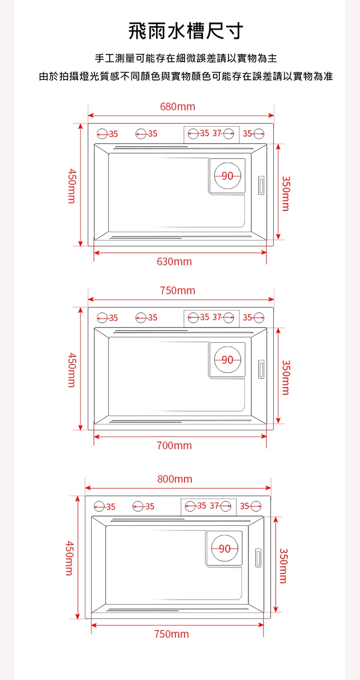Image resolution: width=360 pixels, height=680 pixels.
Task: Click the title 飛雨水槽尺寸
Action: (x=186, y=31)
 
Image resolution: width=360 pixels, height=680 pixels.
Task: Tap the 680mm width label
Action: (x=178, y=107)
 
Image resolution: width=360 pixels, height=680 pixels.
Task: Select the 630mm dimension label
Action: (x=174, y=262)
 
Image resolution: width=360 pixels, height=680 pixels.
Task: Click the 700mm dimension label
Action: (x=174, y=445)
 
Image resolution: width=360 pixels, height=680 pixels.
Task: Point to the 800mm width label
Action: (x=175, y=479)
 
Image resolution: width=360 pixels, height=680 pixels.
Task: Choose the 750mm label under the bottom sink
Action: (x=171, y=634)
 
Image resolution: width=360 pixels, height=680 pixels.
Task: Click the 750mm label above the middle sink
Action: (x=178, y=291)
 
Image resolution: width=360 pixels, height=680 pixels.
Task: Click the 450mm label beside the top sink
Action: (x=72, y=186)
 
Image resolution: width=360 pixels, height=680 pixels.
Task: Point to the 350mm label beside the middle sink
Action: (x=286, y=377)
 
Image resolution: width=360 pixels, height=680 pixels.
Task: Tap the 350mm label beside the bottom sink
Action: (x=283, y=566)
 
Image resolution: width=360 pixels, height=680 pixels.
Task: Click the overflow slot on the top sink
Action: (x=261, y=185)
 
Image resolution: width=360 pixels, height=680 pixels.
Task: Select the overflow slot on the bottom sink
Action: (x=258, y=558)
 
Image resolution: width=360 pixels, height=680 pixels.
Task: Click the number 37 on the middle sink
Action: (x=217, y=317)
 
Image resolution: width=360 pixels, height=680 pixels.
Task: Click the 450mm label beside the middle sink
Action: (x=72, y=370)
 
